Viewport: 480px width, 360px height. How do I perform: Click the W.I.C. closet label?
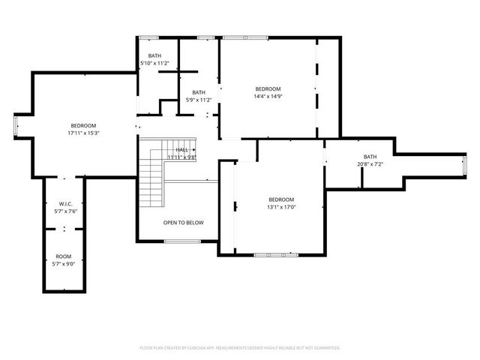pyautogui.click(x=64, y=204)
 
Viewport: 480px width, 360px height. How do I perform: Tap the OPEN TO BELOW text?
pyautogui.click(x=184, y=223)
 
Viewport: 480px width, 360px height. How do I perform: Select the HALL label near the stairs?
pyautogui.click(x=182, y=150)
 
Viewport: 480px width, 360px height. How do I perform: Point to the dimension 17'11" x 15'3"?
pyautogui.click(x=83, y=133)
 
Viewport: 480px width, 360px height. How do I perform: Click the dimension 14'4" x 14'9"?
pyautogui.click(x=268, y=96)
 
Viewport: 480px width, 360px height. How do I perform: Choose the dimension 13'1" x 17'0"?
pyautogui.click(x=282, y=207)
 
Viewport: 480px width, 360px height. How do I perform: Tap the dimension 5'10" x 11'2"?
pyautogui.click(x=154, y=63)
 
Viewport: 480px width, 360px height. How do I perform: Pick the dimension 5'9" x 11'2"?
pyautogui.click(x=199, y=100)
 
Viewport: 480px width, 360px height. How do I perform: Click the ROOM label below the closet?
pyautogui.click(x=64, y=256)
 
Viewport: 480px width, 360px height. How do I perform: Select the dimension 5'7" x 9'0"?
pyautogui.click(x=64, y=264)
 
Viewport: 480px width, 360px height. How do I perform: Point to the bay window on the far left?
pyautogui.click(x=16, y=125)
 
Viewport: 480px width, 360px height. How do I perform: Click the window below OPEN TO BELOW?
pyautogui.click(x=182, y=241)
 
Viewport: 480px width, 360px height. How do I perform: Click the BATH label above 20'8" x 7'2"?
pyautogui.click(x=370, y=156)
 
